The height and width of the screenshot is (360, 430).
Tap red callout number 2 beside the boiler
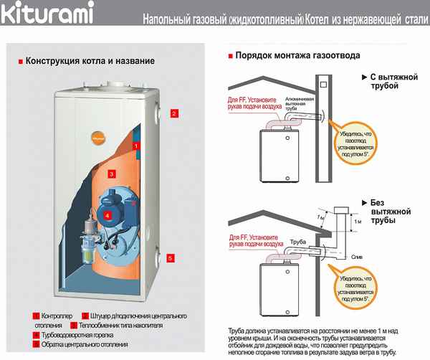click(x=173, y=113)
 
